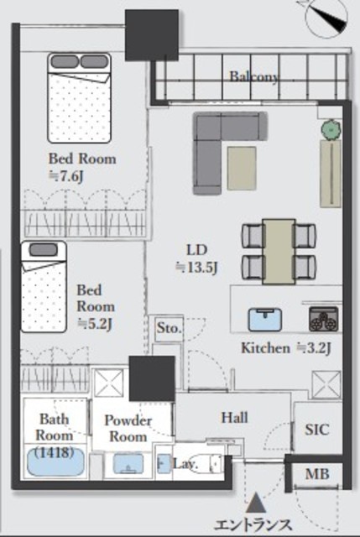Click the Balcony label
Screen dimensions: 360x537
coord(254,76)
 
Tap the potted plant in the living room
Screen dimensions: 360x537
coord(331,129)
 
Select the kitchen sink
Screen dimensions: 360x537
coord(265,319)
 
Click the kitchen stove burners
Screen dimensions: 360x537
coord(323,319)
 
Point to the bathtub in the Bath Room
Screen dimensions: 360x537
coord(55,461)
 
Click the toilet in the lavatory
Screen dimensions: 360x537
coord(205,464)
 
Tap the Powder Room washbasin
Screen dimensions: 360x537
coord(128,464)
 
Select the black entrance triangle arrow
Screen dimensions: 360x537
coord(256,503)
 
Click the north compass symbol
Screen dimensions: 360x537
coord(327,18)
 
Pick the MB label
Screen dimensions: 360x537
coord(317,474)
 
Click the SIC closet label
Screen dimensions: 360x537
coord(317,430)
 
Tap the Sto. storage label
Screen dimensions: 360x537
coord(169,328)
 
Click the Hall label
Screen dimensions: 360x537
coord(235,418)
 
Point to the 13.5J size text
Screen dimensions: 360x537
coord(197,268)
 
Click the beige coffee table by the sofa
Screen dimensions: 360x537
coord(242,168)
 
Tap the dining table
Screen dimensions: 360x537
coord(279,252)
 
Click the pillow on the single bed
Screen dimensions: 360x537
coord(43,249)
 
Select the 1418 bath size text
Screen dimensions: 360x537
coord(55,453)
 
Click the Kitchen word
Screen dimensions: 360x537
coord(265,348)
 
